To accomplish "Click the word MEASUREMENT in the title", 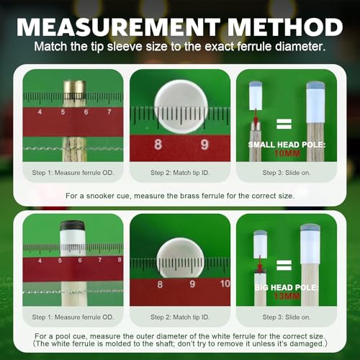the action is coord(118,27).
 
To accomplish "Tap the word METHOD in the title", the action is coord(286,27).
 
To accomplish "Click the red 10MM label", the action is coord(287,153).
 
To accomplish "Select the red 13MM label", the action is coord(287,296).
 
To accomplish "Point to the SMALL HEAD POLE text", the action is coord(287,145).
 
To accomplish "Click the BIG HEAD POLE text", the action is coord(287,287).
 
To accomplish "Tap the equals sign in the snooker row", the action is coord(284,124).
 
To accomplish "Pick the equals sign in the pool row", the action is coord(284,265).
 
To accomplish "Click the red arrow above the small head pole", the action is coord(256,117).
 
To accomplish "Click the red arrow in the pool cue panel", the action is coord(260,263).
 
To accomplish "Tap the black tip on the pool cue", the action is coord(73,225).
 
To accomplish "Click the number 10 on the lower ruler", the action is coord(225,284).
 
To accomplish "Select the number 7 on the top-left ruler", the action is coord(109,112).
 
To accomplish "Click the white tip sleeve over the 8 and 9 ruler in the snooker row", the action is coord(181,107).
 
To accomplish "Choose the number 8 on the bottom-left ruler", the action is coord(120,260).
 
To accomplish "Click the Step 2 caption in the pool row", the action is coord(180,317).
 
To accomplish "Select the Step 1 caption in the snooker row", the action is coord(73,173).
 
